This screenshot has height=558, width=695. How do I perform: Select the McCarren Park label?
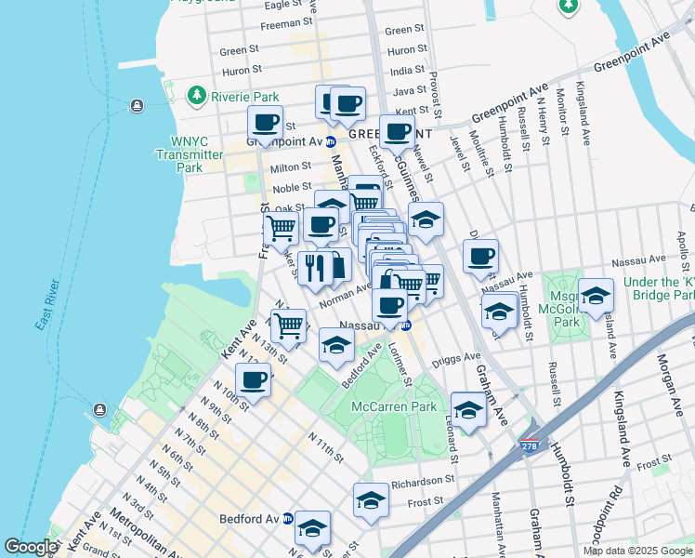(393, 406)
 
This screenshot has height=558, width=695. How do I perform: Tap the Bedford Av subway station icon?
(288, 518)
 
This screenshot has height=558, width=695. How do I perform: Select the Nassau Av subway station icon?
(406, 325)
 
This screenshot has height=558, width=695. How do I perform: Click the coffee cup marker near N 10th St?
(253, 379)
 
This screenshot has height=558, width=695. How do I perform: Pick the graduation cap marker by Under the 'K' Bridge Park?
(596, 295)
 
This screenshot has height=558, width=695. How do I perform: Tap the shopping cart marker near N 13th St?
(289, 325)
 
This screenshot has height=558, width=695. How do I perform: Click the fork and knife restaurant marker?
(315, 267)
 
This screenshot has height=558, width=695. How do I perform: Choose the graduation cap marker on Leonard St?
(468, 409)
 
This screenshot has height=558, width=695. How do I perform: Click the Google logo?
(30, 547)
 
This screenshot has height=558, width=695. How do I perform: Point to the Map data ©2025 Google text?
(636, 551)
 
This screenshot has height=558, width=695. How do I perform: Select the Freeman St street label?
(286, 22)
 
